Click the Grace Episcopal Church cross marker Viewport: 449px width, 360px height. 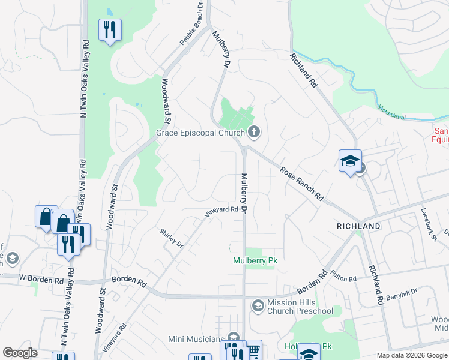click(253, 133)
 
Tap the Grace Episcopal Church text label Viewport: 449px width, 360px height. click(200, 133)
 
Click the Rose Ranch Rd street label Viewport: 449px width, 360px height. click(302, 184)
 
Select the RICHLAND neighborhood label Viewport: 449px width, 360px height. click(358, 226)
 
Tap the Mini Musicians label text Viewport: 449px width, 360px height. click(196, 340)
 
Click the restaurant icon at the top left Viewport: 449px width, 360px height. click(110, 29)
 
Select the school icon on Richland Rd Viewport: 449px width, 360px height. click(350, 161)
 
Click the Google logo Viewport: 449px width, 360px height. click(20, 353)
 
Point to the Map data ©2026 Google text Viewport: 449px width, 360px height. click(411, 355)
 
